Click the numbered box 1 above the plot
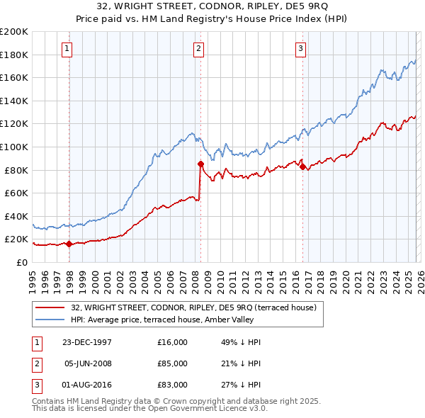point(66,49)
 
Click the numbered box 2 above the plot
point(198,49)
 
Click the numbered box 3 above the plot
point(300,49)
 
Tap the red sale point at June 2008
point(200,164)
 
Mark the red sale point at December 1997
point(69,244)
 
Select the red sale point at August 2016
point(302,166)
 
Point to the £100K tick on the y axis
point(14,147)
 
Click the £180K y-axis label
point(14,55)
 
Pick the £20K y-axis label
point(16,239)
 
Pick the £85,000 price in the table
point(173,363)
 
